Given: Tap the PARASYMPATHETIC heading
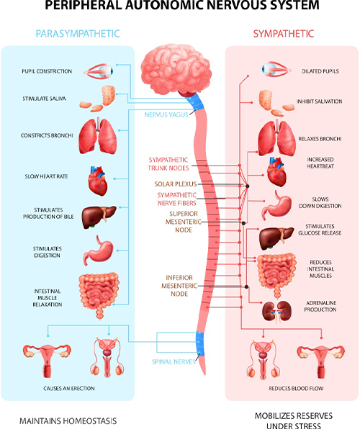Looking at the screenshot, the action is pyautogui.click(x=78, y=34).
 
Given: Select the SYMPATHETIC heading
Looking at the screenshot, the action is pyautogui.click(x=284, y=34).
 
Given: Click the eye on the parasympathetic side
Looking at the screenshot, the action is pyautogui.click(x=99, y=72).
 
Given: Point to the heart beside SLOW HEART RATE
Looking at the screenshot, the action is pyautogui.click(x=98, y=181).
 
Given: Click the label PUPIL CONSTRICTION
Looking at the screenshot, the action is pyautogui.click(x=47, y=71).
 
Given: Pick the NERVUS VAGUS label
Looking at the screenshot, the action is pyautogui.click(x=166, y=114).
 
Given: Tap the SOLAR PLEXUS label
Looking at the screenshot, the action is pyautogui.click(x=176, y=184).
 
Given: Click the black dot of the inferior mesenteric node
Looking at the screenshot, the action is pyautogui.click(x=246, y=286).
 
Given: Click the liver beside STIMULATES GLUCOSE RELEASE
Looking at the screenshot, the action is pyautogui.click(x=276, y=238).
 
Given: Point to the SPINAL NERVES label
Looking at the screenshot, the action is pyautogui.click(x=174, y=361).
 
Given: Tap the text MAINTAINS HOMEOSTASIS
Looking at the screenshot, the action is pyautogui.click(x=68, y=421).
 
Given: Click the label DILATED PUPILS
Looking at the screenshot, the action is pyautogui.click(x=320, y=71).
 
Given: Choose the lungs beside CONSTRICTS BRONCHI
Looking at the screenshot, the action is pyautogui.click(x=98, y=136).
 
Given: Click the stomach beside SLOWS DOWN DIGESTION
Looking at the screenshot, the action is pyautogui.click(x=276, y=206).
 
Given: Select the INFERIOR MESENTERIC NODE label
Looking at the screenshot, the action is pyautogui.click(x=179, y=286).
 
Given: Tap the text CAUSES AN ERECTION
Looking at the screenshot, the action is pyautogui.click(x=69, y=388).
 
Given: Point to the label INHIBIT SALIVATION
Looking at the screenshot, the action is pyautogui.click(x=319, y=101).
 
